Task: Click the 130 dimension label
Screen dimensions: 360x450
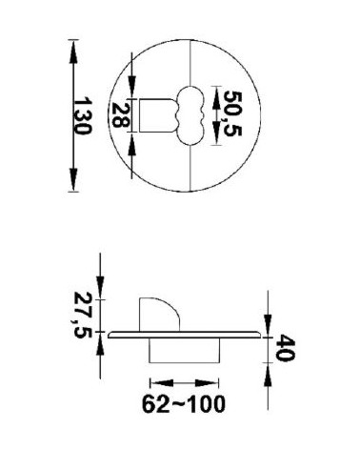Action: [x=82, y=115]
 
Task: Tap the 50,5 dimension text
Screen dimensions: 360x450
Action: [x=232, y=113]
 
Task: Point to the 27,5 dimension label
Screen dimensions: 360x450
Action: [x=83, y=316]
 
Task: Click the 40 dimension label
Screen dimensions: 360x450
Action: [x=285, y=347]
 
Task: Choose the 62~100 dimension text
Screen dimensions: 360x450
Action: [x=184, y=404]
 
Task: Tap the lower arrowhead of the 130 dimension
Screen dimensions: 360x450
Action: [x=73, y=179]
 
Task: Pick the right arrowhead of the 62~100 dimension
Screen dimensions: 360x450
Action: [x=207, y=382]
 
